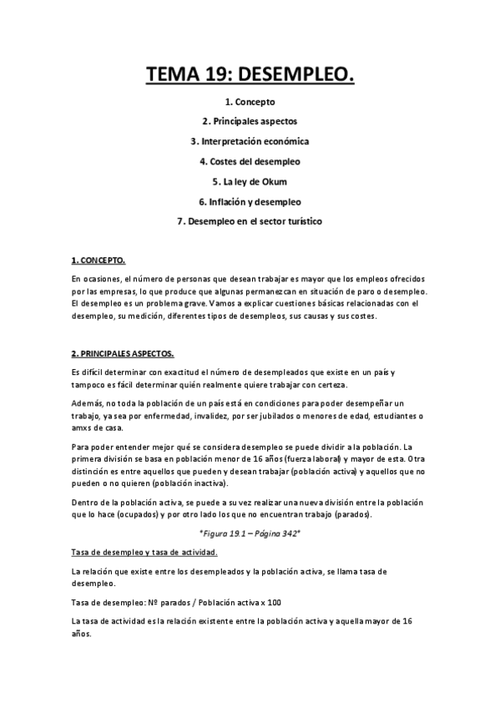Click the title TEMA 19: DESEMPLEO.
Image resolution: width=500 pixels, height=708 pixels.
[x=250, y=77]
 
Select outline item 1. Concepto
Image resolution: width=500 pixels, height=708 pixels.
[x=250, y=102]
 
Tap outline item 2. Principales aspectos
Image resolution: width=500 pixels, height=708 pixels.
[x=250, y=121]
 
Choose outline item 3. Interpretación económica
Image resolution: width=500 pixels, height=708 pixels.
[x=250, y=141]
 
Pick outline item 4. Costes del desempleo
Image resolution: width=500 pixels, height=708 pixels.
[x=250, y=161]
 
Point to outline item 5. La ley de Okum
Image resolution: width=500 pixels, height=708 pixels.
[x=250, y=181]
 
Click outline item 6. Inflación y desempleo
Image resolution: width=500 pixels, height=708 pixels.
[x=250, y=201]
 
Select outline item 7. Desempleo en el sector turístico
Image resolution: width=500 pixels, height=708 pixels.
[x=250, y=221]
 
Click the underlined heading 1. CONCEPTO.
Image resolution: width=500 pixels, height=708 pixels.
[x=98, y=261]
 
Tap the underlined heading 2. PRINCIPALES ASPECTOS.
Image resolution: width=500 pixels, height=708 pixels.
[x=122, y=353]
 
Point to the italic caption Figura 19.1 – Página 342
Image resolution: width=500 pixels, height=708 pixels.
[x=250, y=531]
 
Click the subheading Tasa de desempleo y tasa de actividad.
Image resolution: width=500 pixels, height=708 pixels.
[x=144, y=552]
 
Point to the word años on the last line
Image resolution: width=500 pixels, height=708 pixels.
[x=82, y=634]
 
